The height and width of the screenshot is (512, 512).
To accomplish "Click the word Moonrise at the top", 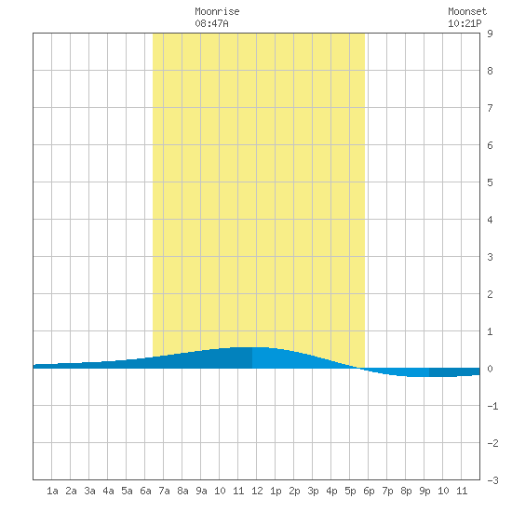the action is coord(217,11).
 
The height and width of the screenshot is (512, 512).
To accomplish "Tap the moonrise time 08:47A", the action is coord(211,23).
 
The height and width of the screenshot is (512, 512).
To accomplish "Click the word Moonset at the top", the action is coord(467,11).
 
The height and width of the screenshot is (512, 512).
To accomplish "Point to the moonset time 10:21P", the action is coord(465,23).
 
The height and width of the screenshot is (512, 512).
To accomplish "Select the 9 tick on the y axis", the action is coord(490,34).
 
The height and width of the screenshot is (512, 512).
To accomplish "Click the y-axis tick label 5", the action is coord(490,182).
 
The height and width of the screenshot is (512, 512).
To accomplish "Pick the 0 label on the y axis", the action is coord(490,369).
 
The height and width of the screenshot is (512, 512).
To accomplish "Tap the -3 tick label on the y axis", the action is coord(492,480).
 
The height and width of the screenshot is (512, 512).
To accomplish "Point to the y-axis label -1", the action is coord(492,406).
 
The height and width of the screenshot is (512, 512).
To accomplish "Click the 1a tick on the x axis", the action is coord(52,491).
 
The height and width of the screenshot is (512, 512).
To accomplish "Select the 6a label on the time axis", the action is coord(145,491).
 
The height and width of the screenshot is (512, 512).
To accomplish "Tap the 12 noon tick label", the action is coord(257,491).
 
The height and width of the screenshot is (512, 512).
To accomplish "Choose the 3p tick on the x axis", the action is coord(313,491).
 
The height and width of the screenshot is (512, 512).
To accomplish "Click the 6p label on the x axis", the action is coord(369,491).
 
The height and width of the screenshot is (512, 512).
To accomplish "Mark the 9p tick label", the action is coord(424,491).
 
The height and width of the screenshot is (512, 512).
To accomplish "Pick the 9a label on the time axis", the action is coord(201,491).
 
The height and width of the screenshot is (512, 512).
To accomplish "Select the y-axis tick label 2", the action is coord(490,294).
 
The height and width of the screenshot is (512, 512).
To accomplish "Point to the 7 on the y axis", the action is coord(490,108).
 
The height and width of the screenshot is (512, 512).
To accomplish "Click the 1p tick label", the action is coord(276,491).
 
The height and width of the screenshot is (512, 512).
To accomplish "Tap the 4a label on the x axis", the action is coord(108,491).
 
